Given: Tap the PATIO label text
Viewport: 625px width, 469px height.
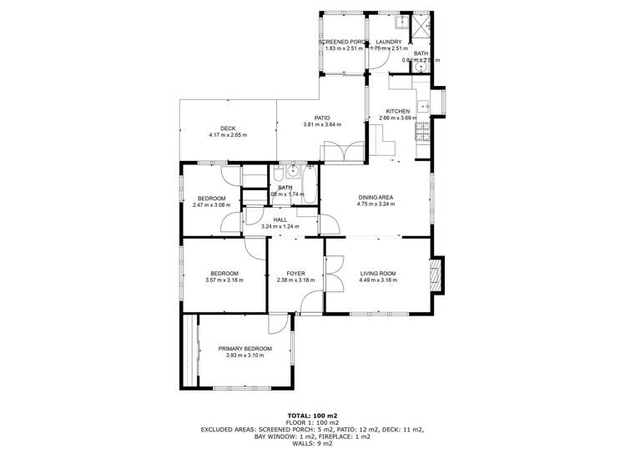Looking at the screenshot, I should pyautogui.click(x=322, y=119).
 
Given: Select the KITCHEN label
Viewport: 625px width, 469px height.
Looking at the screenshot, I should pyautogui.click(x=397, y=111).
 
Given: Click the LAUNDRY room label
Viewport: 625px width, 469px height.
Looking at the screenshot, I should pyautogui.click(x=389, y=42).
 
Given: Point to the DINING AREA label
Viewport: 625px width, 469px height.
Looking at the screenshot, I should pyautogui.click(x=375, y=197).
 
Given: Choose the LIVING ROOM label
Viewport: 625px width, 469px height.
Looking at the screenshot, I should pyautogui.click(x=377, y=274).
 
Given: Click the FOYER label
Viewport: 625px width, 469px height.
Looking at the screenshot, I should pyautogui.click(x=295, y=274).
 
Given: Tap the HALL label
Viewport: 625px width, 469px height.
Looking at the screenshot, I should pyautogui.click(x=280, y=219).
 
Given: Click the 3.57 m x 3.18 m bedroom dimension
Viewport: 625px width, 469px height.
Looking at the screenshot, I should pyautogui.click(x=224, y=280).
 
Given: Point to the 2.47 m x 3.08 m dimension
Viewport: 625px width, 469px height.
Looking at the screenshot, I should pyautogui.click(x=209, y=204).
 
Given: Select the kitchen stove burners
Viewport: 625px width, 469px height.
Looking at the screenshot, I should pyautogui.click(x=423, y=129).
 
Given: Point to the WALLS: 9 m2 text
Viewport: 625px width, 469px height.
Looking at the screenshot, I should pyautogui.click(x=312, y=442).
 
